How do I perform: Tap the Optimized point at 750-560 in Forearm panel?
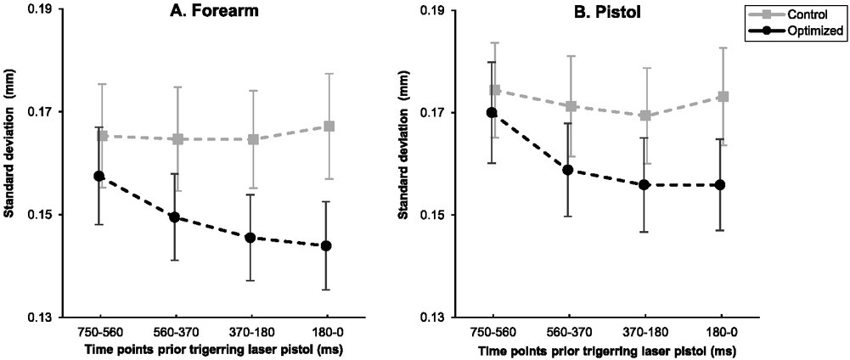99,176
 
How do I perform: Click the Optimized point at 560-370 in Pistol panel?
567,170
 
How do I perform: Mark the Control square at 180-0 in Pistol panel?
723,97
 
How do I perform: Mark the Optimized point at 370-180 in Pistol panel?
644,184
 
